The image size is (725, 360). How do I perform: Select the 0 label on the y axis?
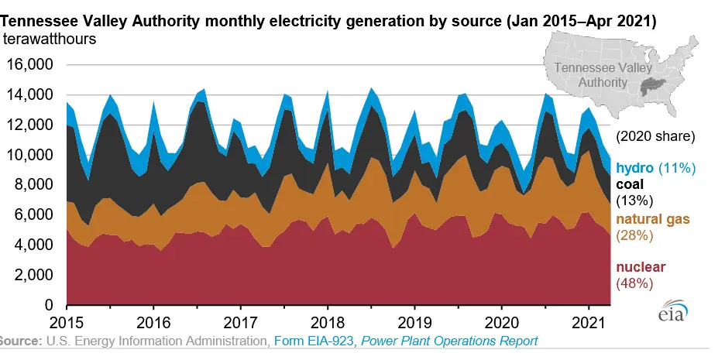coord(48,306)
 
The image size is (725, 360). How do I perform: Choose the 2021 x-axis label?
coord(588,321)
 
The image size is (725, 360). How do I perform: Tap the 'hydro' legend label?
coord(633,167)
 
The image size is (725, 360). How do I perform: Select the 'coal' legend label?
coord(630,185)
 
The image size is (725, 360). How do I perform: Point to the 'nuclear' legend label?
coord(641,268)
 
